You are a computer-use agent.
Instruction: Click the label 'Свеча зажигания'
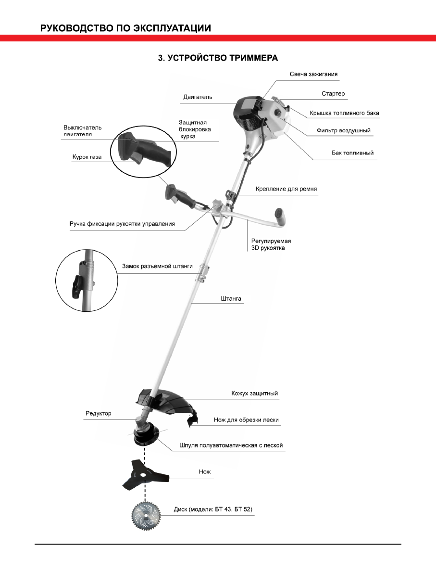coord(313,74)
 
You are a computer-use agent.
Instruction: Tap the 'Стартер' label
coord(333,93)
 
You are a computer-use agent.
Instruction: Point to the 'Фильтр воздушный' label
coord(343,130)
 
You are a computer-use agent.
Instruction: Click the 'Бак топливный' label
coord(352,153)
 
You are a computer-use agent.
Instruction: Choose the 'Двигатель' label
coord(198,97)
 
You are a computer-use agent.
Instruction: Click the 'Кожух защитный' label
coord(255,393)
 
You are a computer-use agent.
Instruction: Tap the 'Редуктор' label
coord(98,413)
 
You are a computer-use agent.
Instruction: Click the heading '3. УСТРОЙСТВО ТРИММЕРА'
coord(218,58)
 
